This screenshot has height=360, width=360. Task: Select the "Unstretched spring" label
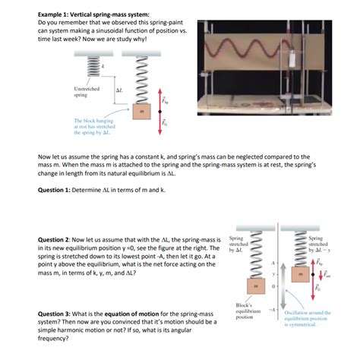(x=86, y=92)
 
